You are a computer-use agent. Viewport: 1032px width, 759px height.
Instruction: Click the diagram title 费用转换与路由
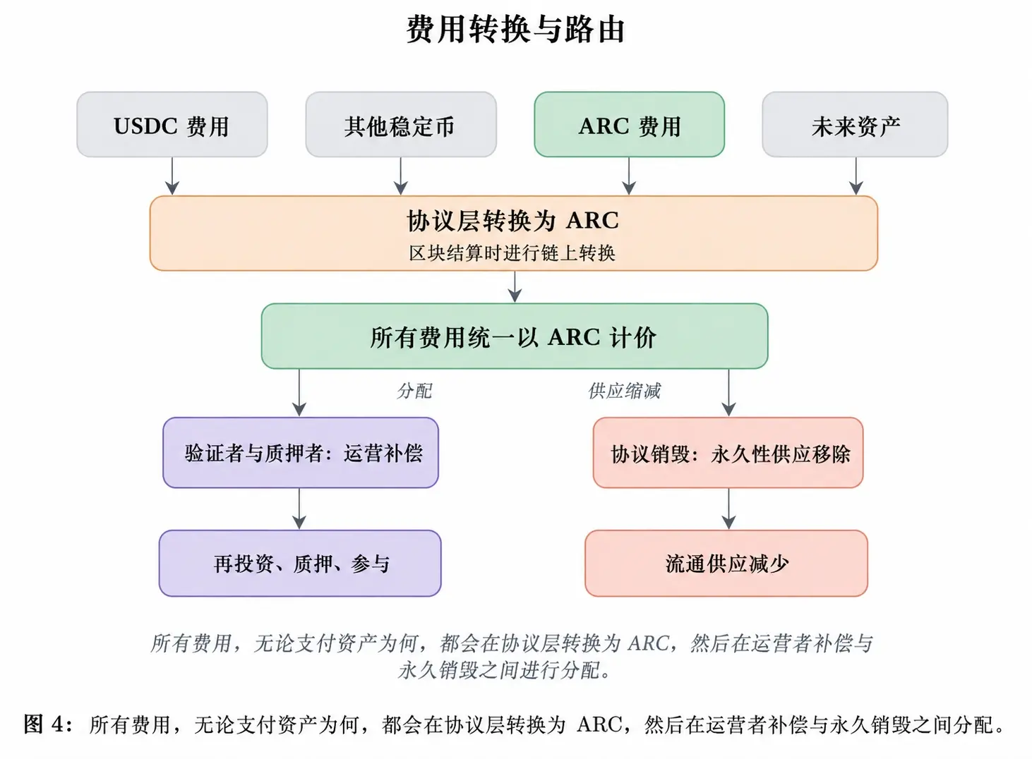pos(515,30)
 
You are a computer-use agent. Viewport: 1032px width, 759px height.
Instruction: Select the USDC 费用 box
pos(172,124)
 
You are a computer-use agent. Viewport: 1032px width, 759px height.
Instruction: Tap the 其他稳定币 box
pos(401,124)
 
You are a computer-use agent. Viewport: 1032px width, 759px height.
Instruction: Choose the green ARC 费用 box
pos(630,124)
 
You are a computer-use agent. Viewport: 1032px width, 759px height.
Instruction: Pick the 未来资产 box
pos(855,124)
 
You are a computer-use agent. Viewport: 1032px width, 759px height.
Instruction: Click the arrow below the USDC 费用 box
pos(172,176)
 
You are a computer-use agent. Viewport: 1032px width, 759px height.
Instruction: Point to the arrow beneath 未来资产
pos(856,176)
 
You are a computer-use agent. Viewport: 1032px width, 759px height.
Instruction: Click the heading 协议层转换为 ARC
pos(512,221)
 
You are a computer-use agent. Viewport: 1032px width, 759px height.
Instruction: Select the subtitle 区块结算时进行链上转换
pos(512,253)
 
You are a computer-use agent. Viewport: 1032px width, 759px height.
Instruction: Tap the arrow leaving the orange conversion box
pos(515,287)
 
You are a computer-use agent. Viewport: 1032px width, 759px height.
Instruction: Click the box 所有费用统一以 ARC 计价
pos(515,336)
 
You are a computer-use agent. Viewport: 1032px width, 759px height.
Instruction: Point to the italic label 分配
pos(414,391)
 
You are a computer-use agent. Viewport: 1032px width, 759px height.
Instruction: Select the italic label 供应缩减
pos(624,391)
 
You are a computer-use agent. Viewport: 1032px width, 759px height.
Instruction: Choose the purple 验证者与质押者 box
pos(301,452)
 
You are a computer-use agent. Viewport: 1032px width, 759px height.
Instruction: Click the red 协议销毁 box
pos(728,452)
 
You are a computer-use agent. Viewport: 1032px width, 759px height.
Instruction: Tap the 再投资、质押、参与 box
pos(300,564)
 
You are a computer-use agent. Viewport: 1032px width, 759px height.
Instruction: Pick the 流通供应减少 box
pos(726,564)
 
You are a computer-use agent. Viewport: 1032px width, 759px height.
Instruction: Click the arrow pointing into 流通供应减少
pos(728,509)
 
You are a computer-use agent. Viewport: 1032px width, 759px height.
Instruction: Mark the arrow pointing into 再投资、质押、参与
pos(299,509)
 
